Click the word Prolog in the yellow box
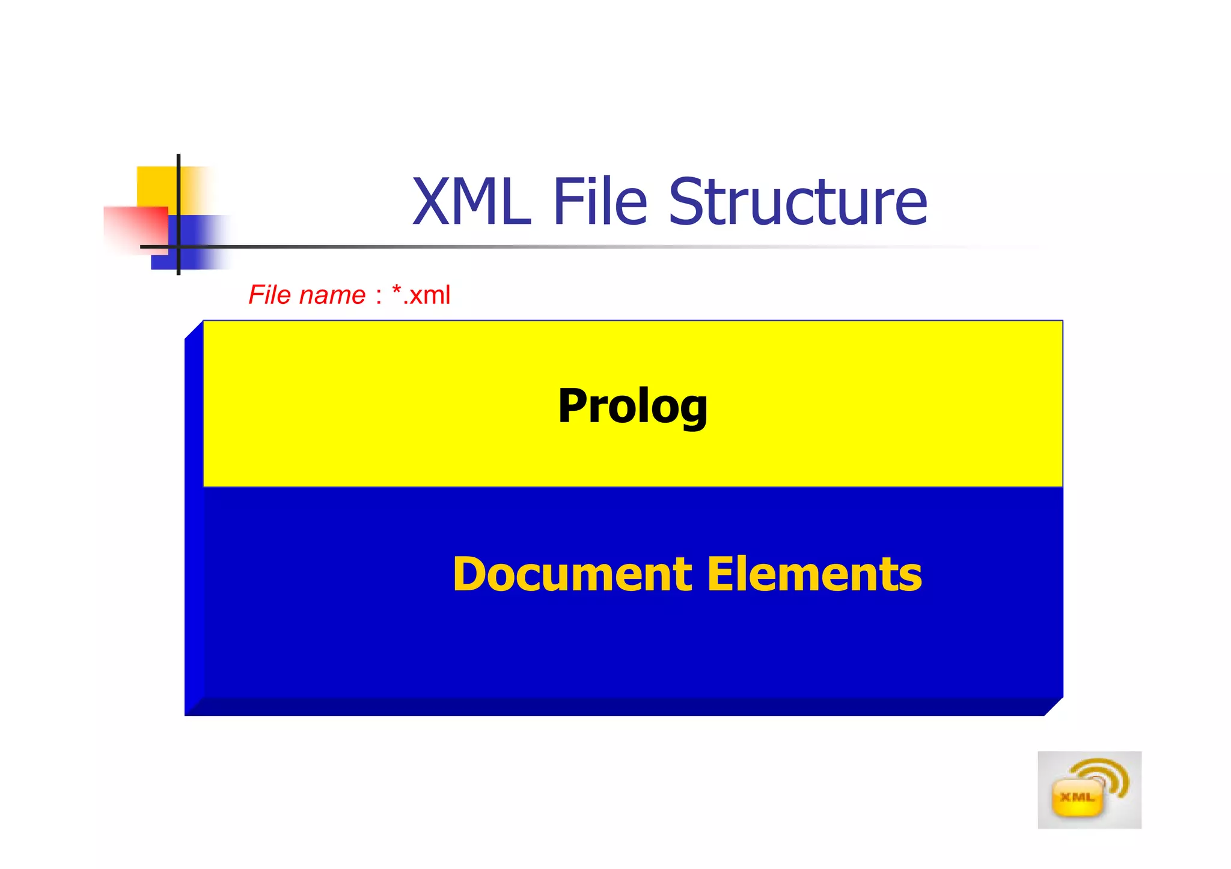click(632, 407)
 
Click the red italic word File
click(270, 295)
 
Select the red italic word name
click(332, 295)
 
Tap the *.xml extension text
click(421, 295)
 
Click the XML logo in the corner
click(1089, 790)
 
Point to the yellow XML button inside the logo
click(1078, 798)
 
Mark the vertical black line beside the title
click(179, 180)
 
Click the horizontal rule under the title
click(541, 246)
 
